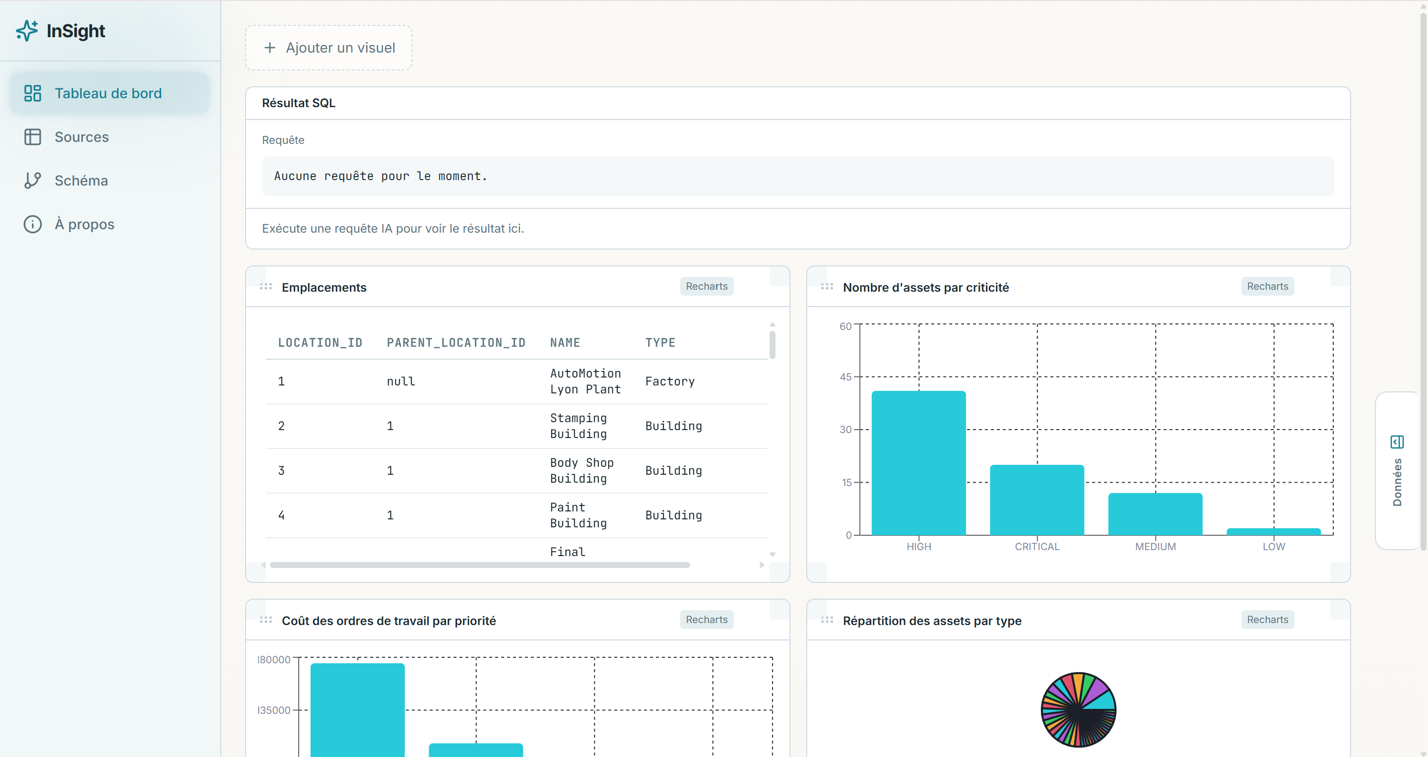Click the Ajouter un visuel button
[x=329, y=48]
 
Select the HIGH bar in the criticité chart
[x=918, y=463]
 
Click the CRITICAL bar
[x=1037, y=500]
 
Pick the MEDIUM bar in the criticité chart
[x=1155, y=514]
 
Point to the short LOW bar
[x=1273, y=531]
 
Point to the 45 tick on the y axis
[x=845, y=377]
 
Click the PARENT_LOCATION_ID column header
[x=455, y=342]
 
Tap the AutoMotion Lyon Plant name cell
[x=585, y=381]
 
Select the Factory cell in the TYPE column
[x=670, y=381]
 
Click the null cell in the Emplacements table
[x=401, y=381]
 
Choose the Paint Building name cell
[x=578, y=515]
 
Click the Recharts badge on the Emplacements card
[x=706, y=287]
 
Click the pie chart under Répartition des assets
[x=1078, y=710]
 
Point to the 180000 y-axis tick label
[x=274, y=659]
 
